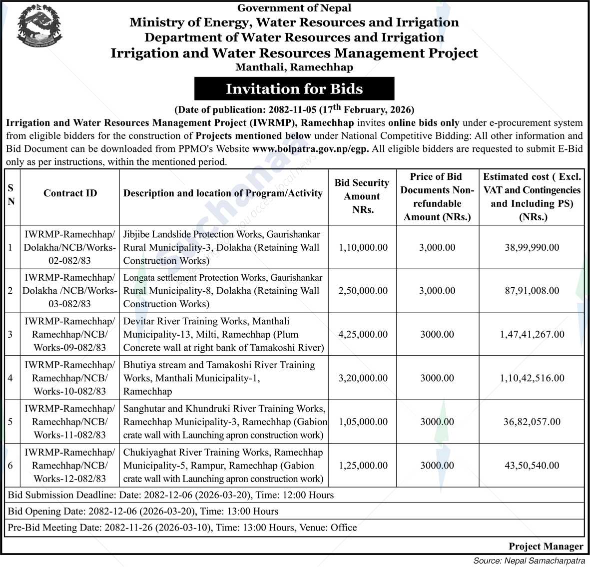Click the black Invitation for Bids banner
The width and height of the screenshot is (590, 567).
(x=294, y=89)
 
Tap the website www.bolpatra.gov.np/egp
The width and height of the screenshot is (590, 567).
(x=310, y=148)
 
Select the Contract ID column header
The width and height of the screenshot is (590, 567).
(x=70, y=193)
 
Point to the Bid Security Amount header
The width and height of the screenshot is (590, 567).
(x=362, y=196)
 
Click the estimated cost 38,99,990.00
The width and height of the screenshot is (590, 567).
(x=532, y=247)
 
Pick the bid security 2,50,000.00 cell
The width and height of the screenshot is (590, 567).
(x=363, y=291)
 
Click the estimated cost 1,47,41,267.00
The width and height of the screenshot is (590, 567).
(x=532, y=334)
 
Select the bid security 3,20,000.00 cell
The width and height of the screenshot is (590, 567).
(x=363, y=378)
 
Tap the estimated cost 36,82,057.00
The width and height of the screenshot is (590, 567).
(x=532, y=422)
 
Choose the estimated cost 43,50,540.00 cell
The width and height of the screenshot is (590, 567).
(x=532, y=466)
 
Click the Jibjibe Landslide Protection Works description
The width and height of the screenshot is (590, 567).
(x=222, y=247)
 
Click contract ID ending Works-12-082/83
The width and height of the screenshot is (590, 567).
(x=70, y=466)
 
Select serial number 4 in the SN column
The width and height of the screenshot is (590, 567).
(x=10, y=378)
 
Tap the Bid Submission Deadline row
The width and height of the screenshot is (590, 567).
(x=171, y=495)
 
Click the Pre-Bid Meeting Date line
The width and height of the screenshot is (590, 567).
(x=182, y=528)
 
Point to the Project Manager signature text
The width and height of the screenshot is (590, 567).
(x=546, y=546)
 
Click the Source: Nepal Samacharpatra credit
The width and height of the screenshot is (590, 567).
(x=529, y=561)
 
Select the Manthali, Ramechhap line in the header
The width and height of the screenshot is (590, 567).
(x=294, y=67)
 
